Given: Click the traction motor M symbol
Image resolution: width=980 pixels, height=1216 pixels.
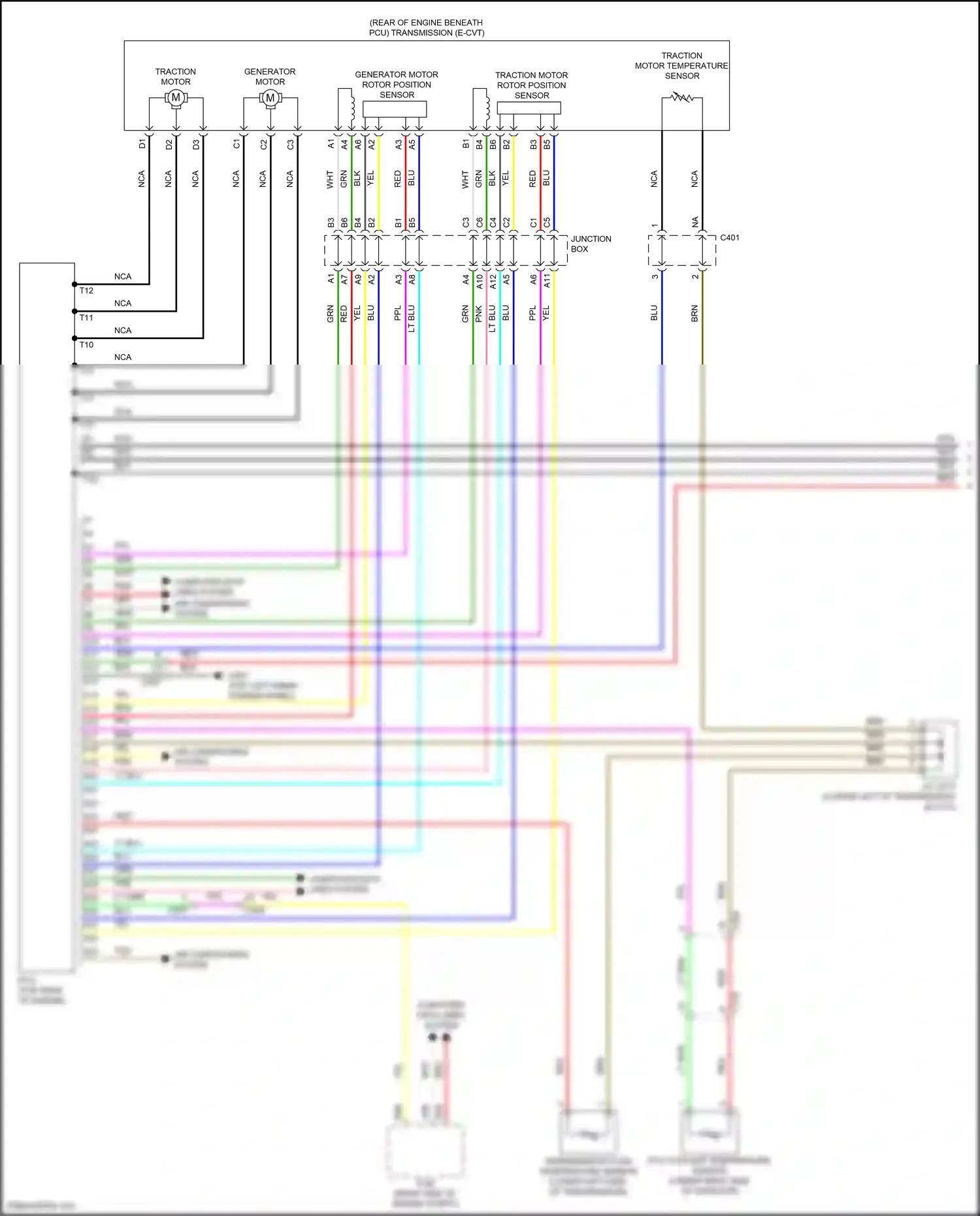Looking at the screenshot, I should click(175, 98).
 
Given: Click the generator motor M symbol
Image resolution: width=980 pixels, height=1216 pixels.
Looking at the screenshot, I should click(270, 98).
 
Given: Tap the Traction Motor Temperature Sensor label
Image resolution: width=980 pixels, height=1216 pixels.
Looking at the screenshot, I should click(681, 66).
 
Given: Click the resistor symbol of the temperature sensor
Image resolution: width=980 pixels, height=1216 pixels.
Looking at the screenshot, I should click(681, 97).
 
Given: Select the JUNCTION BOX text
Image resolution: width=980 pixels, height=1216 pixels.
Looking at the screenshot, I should click(591, 244).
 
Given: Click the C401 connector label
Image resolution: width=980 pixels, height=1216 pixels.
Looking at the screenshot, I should click(730, 238).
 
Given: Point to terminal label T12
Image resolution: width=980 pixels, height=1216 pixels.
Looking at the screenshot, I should click(86, 291).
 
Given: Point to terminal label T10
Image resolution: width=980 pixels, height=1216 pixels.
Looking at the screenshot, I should click(86, 345).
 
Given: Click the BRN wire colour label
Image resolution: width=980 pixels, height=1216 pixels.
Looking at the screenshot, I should click(694, 314).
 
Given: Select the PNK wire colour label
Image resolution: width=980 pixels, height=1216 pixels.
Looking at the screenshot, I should click(479, 314).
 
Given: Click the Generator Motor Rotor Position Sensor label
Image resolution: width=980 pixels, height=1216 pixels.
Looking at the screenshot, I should click(397, 85).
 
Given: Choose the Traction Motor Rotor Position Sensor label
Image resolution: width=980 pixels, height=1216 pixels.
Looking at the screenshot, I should click(531, 86).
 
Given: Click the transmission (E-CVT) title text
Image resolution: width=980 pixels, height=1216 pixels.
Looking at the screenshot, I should click(426, 27).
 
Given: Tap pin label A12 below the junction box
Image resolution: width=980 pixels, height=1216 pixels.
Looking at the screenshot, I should click(493, 281).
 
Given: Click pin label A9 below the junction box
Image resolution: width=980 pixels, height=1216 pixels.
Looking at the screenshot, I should click(358, 279).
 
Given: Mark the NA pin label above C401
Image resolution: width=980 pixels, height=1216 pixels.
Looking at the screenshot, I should click(695, 222).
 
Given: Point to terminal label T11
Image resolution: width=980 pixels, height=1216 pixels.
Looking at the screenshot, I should click(86, 318).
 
